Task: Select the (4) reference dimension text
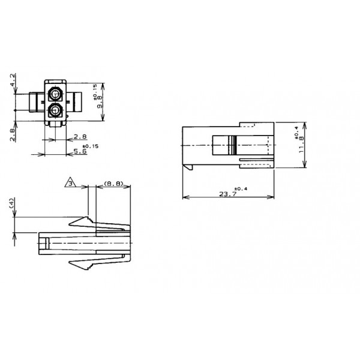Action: (x=12, y=206)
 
